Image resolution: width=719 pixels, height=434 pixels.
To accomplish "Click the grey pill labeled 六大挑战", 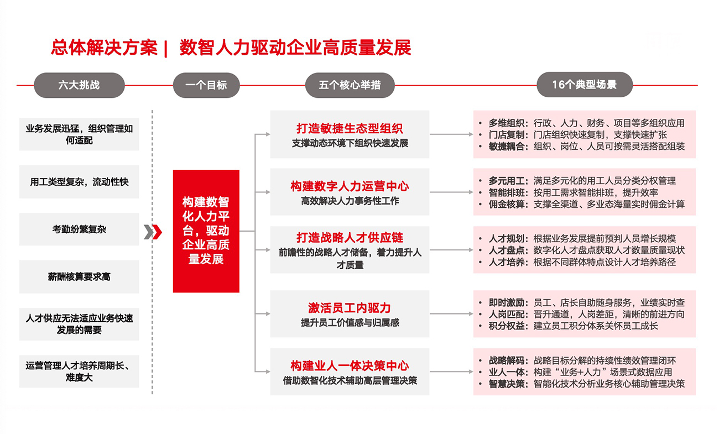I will (79, 85).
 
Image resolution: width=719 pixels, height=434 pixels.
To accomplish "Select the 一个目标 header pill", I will (206, 85).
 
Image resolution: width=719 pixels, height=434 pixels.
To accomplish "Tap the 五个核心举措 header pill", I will (350, 85).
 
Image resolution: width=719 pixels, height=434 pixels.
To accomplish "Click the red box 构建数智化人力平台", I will (206, 231).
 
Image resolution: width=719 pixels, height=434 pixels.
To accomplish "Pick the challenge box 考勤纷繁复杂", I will (79, 229).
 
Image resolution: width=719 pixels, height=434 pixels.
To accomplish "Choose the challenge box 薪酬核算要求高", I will (79, 276).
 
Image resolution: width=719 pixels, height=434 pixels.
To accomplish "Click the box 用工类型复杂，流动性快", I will (79, 181).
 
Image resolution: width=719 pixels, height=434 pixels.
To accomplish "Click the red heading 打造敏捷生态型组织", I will (350, 129).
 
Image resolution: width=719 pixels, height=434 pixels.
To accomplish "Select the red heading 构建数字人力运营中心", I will (350, 186).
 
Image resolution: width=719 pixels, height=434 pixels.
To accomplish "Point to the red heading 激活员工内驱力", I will (350, 308).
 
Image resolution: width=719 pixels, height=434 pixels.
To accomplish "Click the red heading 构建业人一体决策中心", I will (350, 365).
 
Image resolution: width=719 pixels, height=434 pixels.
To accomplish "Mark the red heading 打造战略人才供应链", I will (350, 238).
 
